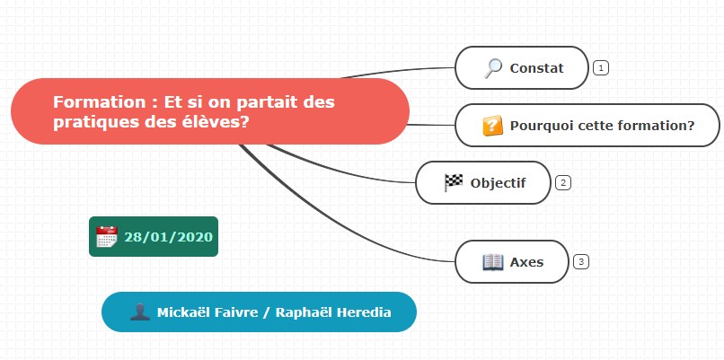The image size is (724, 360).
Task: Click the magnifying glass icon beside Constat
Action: click(x=492, y=68)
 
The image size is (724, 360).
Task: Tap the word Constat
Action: click(x=536, y=68)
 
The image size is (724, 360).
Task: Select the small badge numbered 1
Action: click(x=601, y=68)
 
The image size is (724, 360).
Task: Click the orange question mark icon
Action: click(x=492, y=126)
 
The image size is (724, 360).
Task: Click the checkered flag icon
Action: click(x=453, y=183)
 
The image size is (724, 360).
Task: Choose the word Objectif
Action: click(x=498, y=183)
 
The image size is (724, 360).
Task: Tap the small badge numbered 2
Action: click(x=563, y=183)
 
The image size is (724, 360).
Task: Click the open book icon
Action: click(x=492, y=262)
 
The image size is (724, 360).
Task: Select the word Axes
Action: click(x=526, y=262)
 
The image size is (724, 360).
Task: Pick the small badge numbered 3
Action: click(x=581, y=262)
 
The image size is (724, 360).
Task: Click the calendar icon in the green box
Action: click(x=107, y=237)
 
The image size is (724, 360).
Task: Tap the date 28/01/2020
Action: click(x=169, y=237)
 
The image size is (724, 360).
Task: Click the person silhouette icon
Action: click(x=140, y=312)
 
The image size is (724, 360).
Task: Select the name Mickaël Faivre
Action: click(x=207, y=312)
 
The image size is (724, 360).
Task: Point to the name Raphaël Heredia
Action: click(x=333, y=312)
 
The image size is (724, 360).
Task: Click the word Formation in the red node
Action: click(x=100, y=102)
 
